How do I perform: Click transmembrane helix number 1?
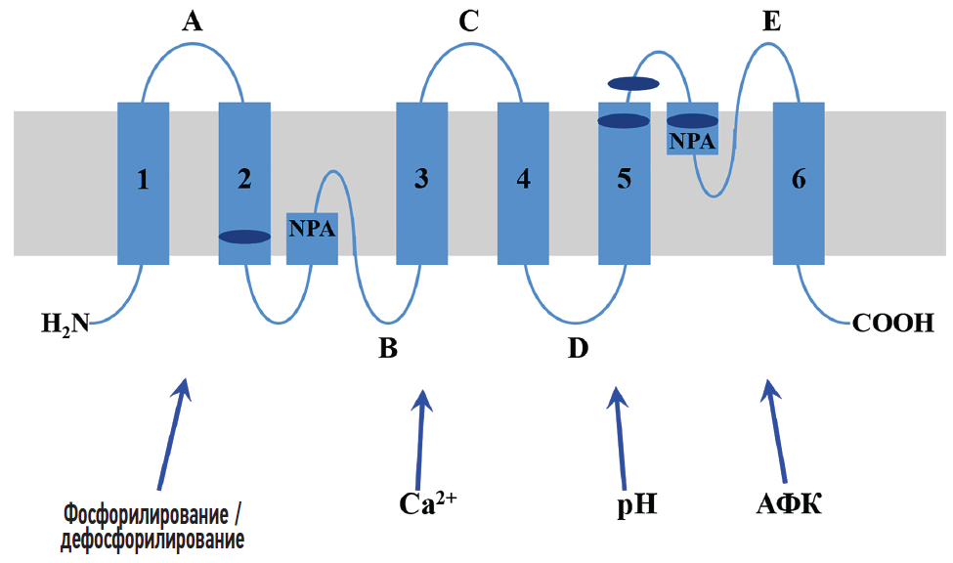coord(143,182)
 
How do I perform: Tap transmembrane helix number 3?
coord(421,182)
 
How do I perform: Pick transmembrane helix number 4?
coord(524,182)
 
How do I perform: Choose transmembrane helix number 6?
coord(799,182)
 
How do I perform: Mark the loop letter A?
coord(193,22)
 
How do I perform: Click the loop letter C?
coord(469,22)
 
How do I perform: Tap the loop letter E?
coord(772,22)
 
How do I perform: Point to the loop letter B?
coord(388,348)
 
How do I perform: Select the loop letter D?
coord(578,348)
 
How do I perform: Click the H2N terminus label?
coord(65,322)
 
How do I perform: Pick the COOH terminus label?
coord(893,322)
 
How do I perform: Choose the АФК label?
coord(789,504)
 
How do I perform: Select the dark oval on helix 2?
coord(244,237)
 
